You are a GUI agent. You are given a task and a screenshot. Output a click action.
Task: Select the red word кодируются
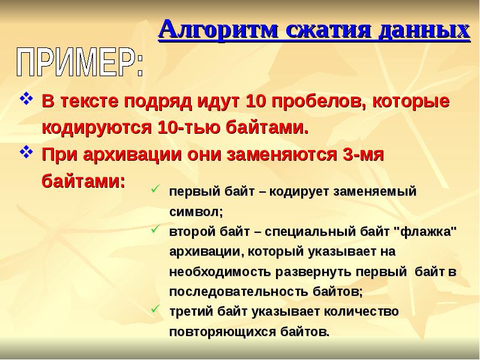[x=97, y=128]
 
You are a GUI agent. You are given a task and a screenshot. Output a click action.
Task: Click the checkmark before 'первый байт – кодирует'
[x=155, y=190]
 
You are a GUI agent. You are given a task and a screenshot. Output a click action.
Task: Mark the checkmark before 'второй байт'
[x=155, y=229]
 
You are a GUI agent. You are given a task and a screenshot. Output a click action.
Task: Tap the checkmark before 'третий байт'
[x=155, y=310]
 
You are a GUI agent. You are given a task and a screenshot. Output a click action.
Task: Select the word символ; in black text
[x=196, y=212]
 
